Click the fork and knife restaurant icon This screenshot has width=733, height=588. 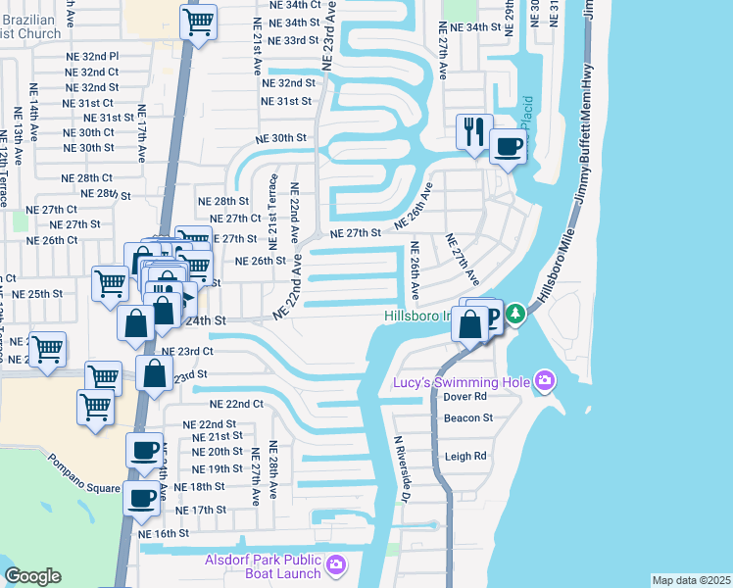(475, 130)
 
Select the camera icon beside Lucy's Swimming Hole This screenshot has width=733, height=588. (545, 381)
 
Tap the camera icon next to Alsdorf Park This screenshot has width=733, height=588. (336, 564)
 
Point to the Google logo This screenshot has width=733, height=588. (32, 576)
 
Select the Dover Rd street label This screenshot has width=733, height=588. (466, 397)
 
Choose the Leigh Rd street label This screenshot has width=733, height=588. (466, 457)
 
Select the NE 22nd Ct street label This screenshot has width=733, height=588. (237, 404)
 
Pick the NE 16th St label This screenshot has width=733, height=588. (163, 533)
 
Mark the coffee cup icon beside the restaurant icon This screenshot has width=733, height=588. (508, 147)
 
